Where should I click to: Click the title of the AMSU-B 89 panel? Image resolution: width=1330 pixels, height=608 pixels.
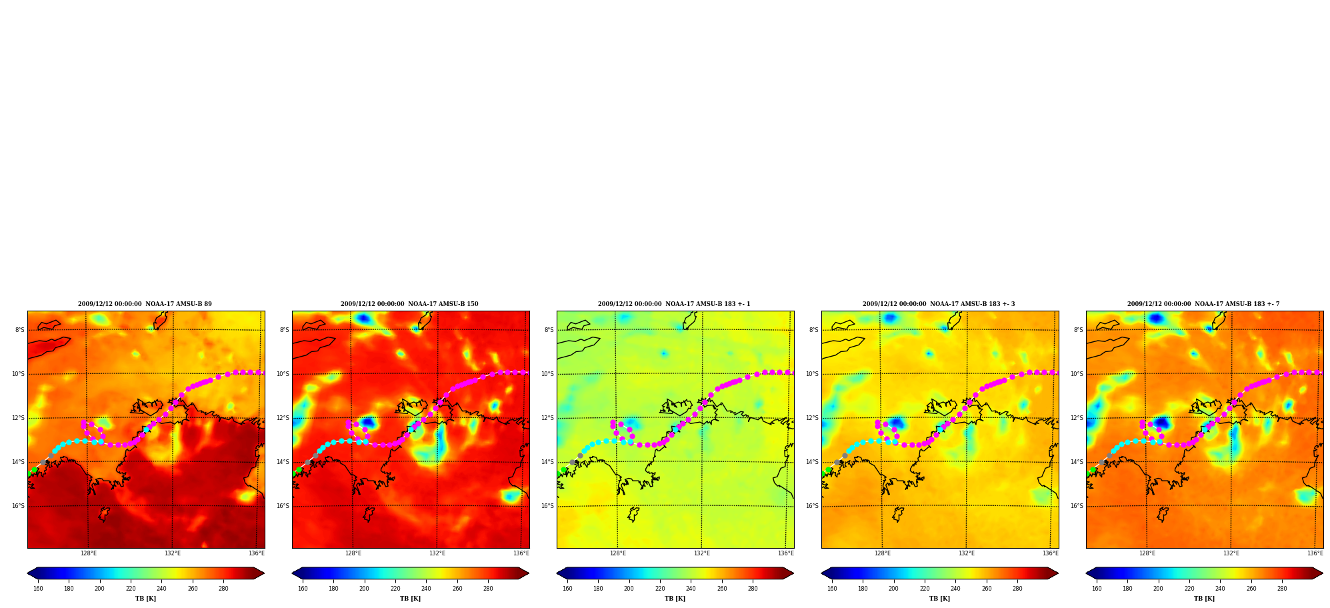pyautogui.click(x=145, y=304)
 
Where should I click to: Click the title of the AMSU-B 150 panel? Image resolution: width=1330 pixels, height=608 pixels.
pyautogui.click(x=409, y=304)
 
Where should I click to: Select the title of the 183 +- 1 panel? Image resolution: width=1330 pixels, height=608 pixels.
pyautogui.click(x=674, y=304)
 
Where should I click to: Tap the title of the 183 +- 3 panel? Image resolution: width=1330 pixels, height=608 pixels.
pyautogui.click(x=939, y=304)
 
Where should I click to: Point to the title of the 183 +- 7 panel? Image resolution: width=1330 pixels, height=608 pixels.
pyautogui.click(x=1203, y=304)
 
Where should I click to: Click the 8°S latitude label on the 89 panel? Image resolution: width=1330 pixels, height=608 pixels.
pyautogui.click(x=20, y=330)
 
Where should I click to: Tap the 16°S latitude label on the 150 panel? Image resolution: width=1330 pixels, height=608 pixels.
pyautogui.click(x=283, y=506)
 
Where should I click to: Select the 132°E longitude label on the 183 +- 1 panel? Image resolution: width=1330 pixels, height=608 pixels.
pyautogui.click(x=702, y=553)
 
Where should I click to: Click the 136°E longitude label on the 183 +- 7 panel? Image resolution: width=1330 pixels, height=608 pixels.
pyautogui.click(x=1315, y=553)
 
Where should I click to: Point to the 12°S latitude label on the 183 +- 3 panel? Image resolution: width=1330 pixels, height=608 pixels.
pyautogui.click(x=812, y=418)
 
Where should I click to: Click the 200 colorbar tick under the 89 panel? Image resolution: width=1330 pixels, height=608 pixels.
pyautogui.click(x=99, y=589)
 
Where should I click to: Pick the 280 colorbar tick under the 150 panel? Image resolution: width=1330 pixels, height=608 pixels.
pyautogui.click(x=488, y=589)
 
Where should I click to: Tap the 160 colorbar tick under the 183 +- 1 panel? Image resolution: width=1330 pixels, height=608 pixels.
pyautogui.click(x=567, y=589)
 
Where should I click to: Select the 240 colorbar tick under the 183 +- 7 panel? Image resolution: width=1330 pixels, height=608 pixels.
pyautogui.click(x=1220, y=589)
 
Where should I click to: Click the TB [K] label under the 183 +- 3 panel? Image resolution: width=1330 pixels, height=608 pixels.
pyautogui.click(x=940, y=599)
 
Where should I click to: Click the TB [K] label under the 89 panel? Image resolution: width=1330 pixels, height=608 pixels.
pyautogui.click(x=146, y=599)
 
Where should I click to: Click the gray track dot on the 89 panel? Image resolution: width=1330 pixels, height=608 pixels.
pyautogui.click(x=43, y=462)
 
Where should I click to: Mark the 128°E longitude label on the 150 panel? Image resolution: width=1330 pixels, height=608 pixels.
pyautogui.click(x=353, y=553)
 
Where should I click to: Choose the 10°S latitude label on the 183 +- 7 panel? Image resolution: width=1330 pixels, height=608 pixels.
pyautogui.click(x=1077, y=374)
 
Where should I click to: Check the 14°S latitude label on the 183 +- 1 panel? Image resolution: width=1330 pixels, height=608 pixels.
pyautogui.click(x=547, y=462)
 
